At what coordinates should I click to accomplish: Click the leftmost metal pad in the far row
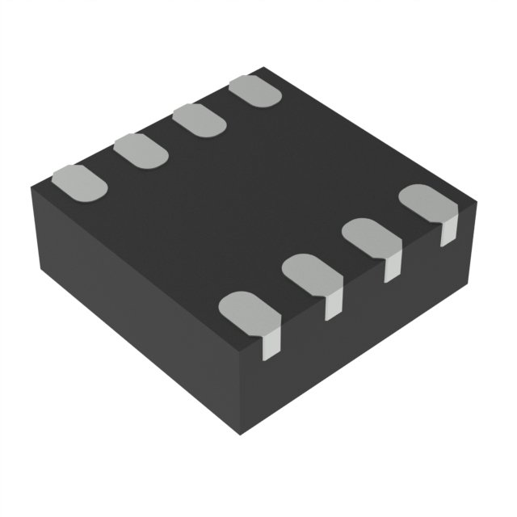79,181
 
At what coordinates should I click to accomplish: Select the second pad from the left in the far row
140,149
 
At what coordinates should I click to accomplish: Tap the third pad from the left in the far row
199,120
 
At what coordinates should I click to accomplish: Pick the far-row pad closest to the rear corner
254,91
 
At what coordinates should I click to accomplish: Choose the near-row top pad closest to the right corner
427,202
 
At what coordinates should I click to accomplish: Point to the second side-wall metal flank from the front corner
334,305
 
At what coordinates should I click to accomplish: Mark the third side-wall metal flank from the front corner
392,267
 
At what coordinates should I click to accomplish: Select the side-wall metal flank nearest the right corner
448,231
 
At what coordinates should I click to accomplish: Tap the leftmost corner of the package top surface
30,187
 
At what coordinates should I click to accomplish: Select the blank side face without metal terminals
129,315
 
